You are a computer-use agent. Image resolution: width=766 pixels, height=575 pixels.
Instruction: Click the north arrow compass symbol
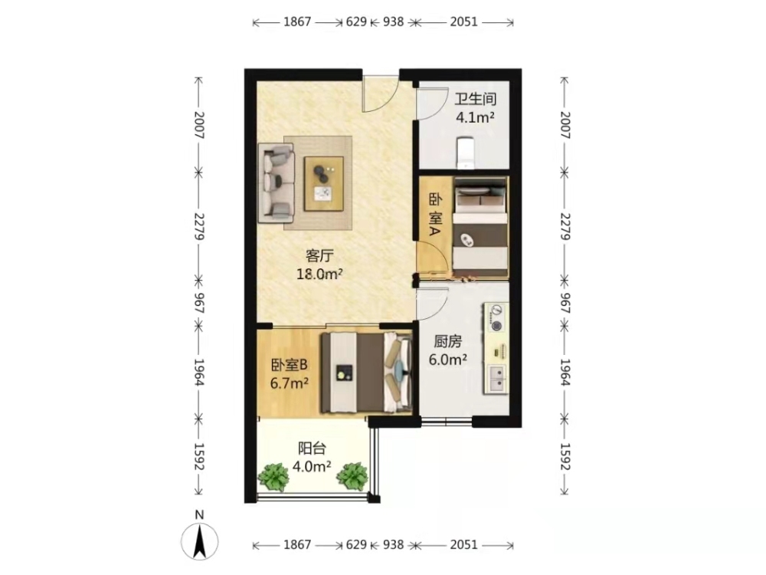(199, 540)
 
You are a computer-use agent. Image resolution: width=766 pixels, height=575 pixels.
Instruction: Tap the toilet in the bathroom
(465, 153)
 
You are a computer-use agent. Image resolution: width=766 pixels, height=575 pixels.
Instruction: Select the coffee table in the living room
(323, 183)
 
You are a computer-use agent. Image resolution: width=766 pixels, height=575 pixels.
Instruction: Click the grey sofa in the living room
(276, 180)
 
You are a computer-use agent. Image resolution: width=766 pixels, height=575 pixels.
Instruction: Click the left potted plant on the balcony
(273, 476)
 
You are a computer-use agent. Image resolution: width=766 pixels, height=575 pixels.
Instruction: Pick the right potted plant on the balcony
(352, 476)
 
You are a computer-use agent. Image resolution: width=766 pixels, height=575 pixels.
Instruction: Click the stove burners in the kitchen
(497, 318)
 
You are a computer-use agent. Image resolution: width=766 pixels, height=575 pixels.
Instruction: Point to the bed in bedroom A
(480, 228)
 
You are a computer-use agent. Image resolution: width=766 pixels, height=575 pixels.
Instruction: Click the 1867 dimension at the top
(297, 22)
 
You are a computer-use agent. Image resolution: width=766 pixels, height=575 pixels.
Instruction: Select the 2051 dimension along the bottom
(463, 544)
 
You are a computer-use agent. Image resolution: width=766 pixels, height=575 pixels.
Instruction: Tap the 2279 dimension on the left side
(199, 226)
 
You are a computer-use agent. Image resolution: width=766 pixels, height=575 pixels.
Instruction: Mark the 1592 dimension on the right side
(565, 457)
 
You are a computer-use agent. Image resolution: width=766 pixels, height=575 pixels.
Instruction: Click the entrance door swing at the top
(380, 94)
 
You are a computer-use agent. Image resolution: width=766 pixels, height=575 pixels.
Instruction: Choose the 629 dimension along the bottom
(356, 544)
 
